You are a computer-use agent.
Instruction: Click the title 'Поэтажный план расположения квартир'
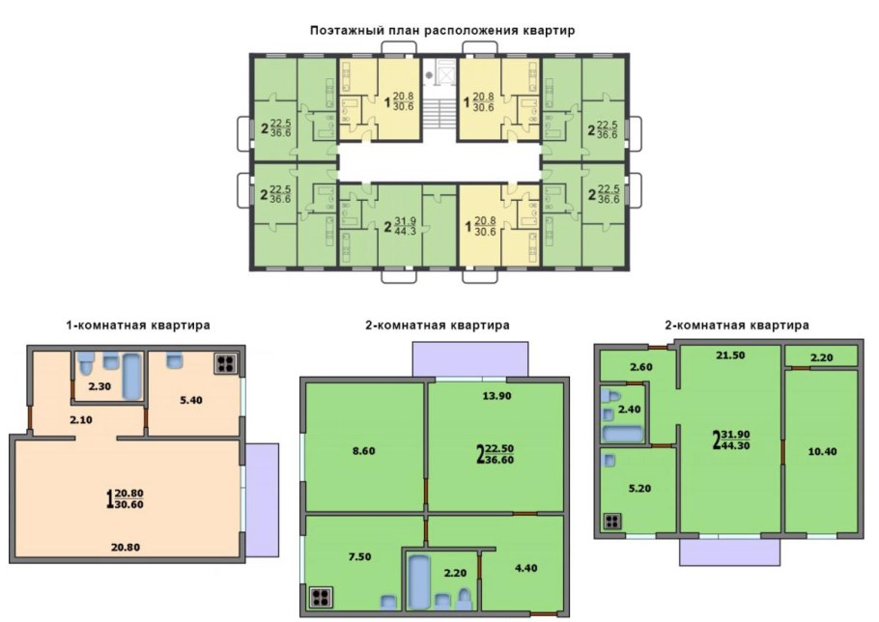(442, 30)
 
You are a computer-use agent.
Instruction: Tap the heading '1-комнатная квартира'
(138, 325)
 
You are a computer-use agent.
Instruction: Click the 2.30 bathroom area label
(99, 386)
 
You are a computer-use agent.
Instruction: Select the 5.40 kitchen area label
(190, 400)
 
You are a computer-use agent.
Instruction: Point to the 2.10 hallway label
(81, 420)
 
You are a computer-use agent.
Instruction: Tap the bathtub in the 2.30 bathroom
(131, 376)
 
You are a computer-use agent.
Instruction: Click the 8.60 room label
(363, 451)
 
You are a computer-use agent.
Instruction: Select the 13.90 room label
(496, 396)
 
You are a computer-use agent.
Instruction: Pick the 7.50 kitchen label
(358, 557)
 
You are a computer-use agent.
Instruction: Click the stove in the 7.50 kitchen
(321, 597)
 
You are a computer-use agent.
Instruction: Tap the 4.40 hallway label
(525, 568)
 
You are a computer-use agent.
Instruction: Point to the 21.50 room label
(731, 355)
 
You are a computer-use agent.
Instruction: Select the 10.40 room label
(822, 452)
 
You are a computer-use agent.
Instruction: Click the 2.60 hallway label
(640, 368)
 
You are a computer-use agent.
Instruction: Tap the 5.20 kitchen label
(639, 489)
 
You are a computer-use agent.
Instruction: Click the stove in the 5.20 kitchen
(612, 522)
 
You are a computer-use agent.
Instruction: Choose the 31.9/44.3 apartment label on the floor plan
(400, 225)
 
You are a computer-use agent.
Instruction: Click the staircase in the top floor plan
(439, 113)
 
